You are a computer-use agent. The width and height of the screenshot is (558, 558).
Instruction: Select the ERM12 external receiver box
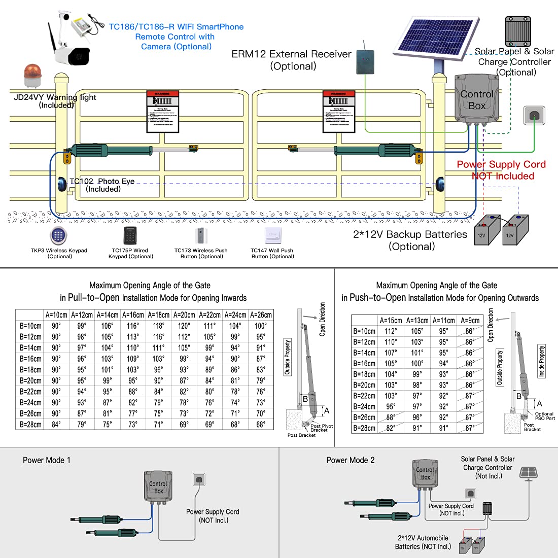[366, 60]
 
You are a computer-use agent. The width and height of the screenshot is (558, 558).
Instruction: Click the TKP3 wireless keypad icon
[58, 236]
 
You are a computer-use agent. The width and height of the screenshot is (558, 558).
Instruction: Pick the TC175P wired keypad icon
[130, 236]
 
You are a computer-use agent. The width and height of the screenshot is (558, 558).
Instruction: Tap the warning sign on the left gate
[162, 112]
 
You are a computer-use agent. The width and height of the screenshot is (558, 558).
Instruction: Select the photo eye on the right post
[440, 184]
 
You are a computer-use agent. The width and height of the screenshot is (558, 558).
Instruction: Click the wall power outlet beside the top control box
[534, 115]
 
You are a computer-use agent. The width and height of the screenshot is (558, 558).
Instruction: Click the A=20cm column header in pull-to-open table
[184, 315]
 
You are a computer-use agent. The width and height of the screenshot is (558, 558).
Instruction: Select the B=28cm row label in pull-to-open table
[30, 425]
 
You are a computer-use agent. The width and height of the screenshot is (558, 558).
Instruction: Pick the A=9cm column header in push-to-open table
[470, 321]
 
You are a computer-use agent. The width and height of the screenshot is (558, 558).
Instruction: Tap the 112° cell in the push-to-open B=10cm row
[391, 331]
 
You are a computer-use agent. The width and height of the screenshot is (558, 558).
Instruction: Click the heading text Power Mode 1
[47, 460]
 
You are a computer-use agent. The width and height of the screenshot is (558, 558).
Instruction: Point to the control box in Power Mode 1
[158, 486]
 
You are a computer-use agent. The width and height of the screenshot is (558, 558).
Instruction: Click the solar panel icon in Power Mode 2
[529, 473]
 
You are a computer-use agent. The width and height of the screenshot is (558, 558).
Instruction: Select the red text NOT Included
[503, 176]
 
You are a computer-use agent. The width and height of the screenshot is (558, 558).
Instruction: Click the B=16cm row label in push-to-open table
[364, 364]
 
